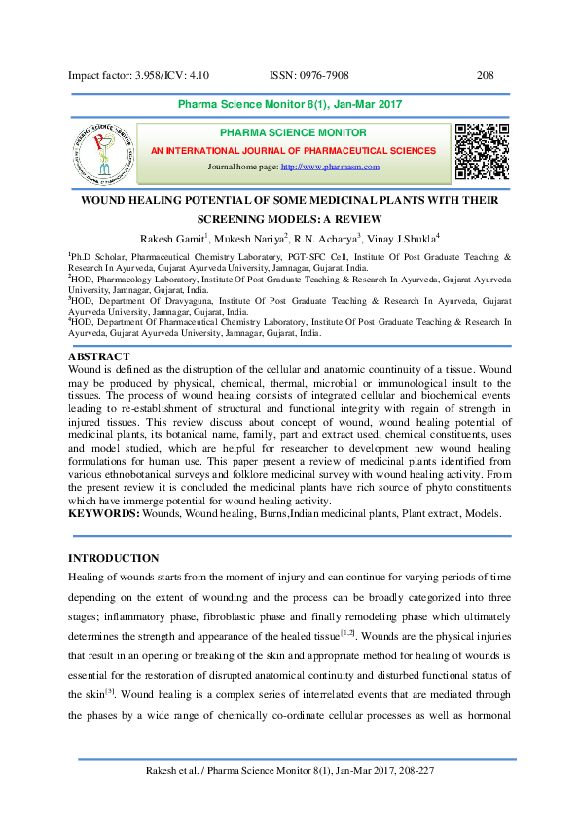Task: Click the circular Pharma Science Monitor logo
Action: tap(99, 153)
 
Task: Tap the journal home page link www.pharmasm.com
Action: tap(330, 168)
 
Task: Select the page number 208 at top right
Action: tap(487, 75)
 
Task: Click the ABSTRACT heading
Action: tap(100, 357)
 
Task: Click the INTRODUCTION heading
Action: tap(112, 558)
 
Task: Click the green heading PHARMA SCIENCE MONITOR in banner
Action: tap(293, 133)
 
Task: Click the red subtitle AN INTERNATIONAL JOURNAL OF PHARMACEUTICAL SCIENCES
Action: tap(293, 151)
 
